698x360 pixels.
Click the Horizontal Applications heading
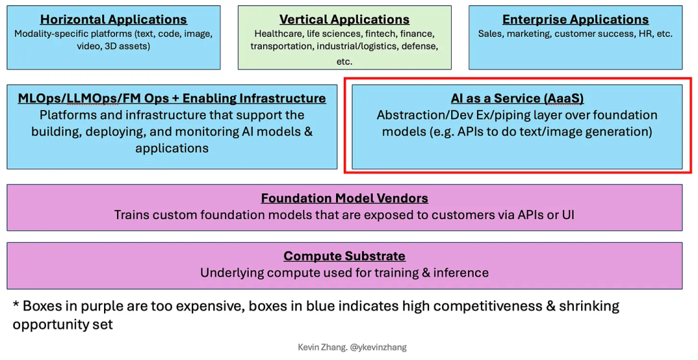114,19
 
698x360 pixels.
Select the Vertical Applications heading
344,19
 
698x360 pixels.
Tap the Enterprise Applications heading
576,19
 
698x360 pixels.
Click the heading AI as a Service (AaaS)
517,98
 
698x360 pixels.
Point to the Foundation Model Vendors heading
344,198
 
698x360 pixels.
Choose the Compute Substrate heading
344,256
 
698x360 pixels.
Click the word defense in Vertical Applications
419,47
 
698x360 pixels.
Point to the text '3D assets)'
127,47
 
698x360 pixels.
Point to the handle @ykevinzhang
378,347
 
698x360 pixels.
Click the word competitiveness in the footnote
492,306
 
